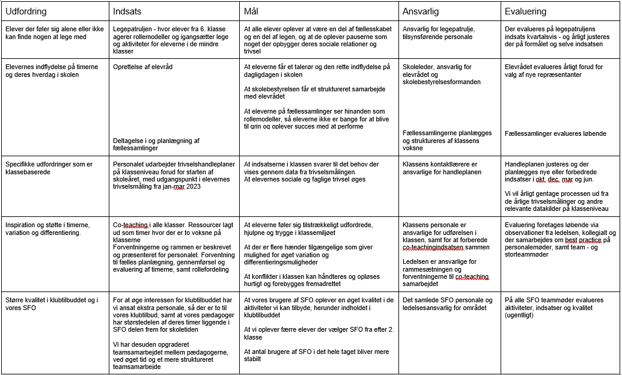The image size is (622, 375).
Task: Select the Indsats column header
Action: point(127,11)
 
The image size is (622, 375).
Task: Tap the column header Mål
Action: point(251,11)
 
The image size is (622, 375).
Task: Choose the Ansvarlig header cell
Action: point(421,11)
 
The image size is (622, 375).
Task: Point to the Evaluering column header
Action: point(526,11)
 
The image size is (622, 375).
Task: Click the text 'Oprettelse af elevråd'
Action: point(142,67)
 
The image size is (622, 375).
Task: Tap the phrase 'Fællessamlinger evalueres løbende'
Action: point(555,133)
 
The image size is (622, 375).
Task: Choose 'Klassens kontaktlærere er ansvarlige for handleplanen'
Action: point(442,168)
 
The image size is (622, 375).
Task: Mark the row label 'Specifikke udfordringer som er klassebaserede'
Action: point(48,168)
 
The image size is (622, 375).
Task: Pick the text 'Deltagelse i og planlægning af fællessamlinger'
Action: point(156,144)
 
